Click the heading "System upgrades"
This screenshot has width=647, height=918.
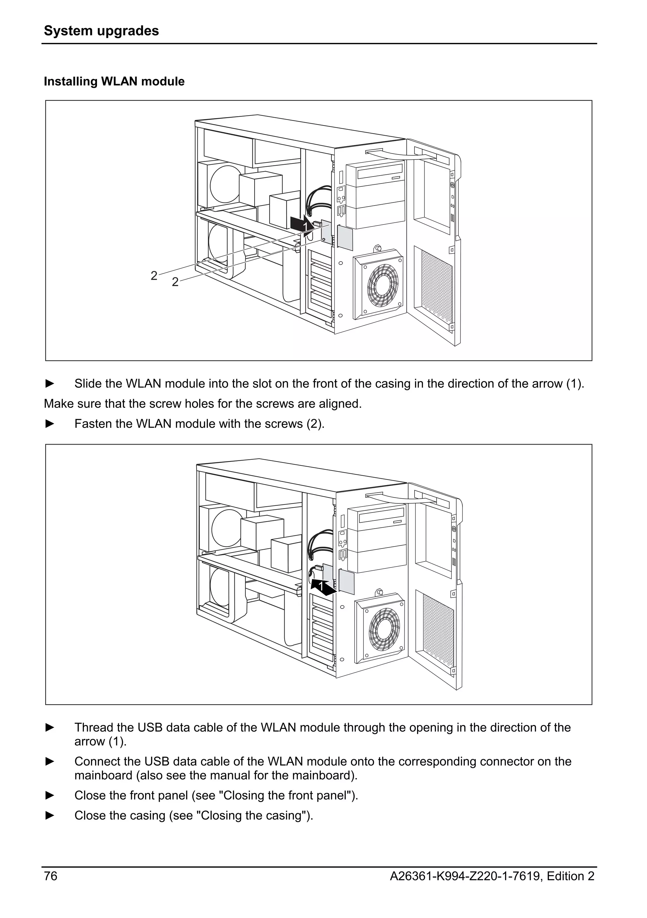[101, 31]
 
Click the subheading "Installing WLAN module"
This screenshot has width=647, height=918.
[114, 81]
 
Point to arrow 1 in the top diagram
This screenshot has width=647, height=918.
[302, 225]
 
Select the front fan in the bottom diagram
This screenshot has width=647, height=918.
[384, 629]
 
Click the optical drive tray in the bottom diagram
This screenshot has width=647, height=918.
[382, 518]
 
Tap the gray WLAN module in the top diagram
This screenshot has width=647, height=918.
[345, 237]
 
